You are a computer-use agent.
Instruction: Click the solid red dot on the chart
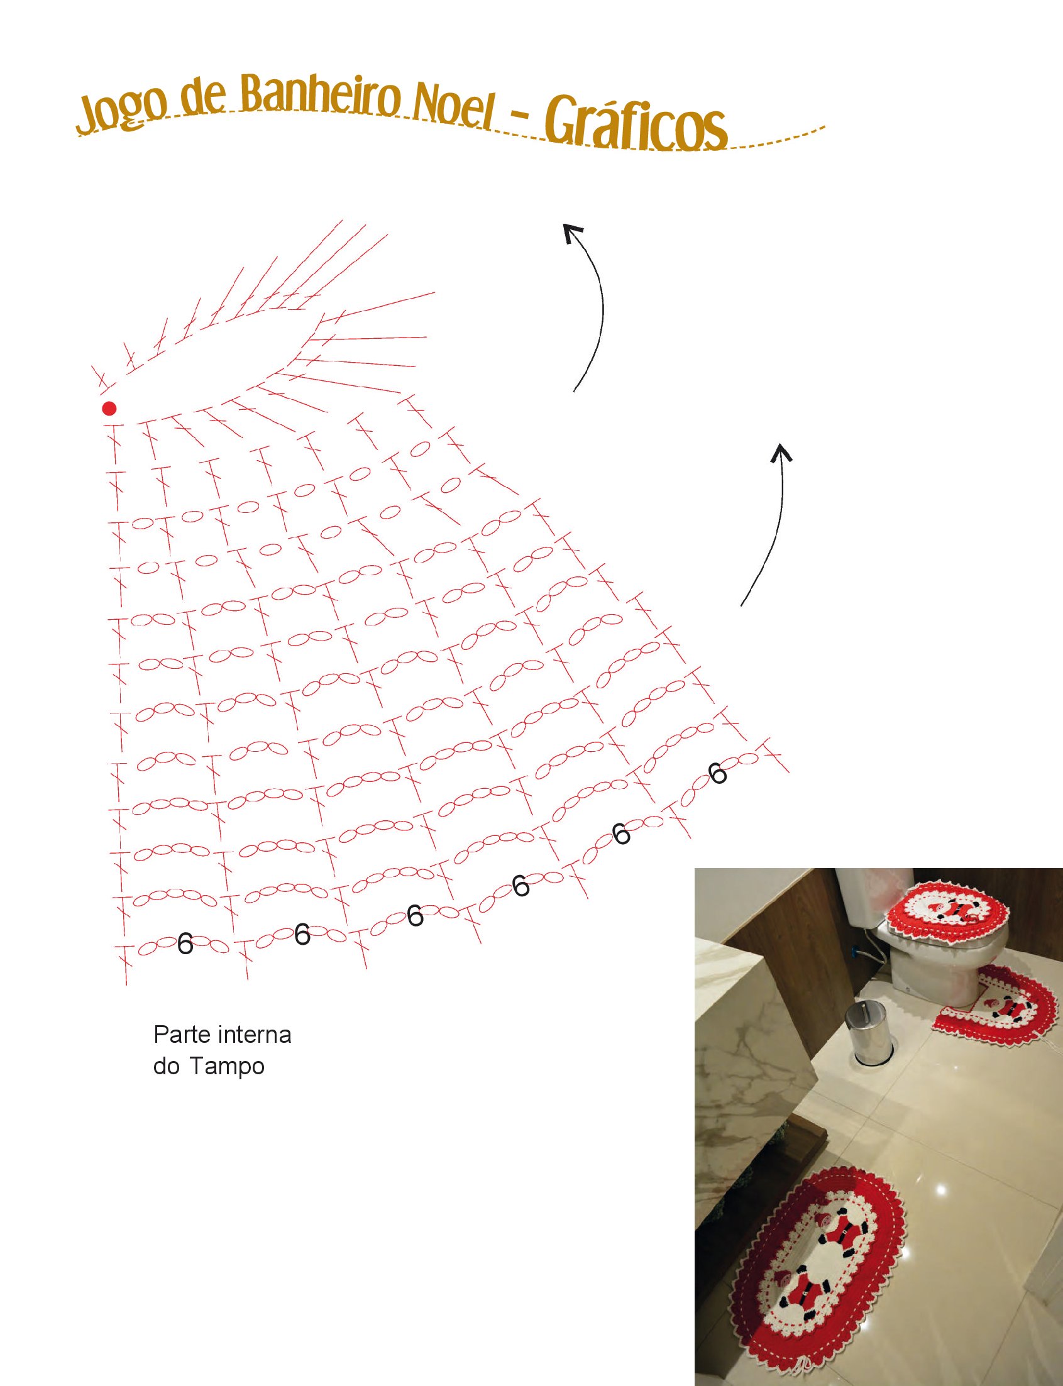[109, 408]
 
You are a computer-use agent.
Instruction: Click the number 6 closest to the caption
[185, 944]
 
